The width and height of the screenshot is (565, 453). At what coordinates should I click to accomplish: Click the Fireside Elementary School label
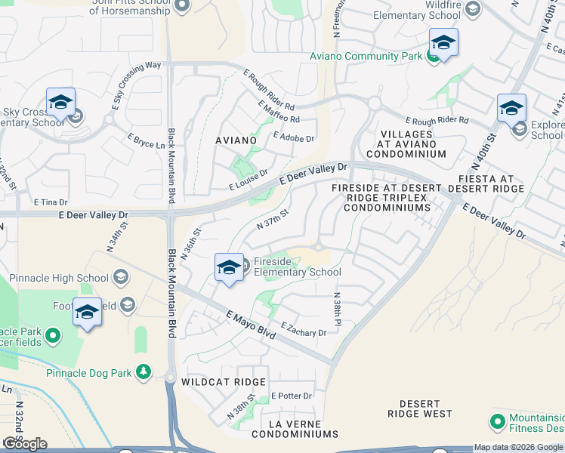click(297, 267)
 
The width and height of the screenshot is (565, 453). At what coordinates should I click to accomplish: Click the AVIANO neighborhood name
click(236, 140)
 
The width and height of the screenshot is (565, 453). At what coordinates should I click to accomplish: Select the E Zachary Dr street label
click(303, 329)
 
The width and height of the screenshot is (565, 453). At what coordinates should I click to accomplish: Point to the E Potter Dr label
click(291, 396)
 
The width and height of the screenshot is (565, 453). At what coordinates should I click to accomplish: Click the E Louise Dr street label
click(249, 177)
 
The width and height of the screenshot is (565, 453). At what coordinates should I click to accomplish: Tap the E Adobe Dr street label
click(293, 137)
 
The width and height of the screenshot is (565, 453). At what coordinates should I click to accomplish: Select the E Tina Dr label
click(51, 202)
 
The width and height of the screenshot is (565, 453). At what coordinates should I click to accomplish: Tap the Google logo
click(24, 444)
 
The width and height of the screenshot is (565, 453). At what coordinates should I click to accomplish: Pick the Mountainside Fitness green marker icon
click(497, 421)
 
